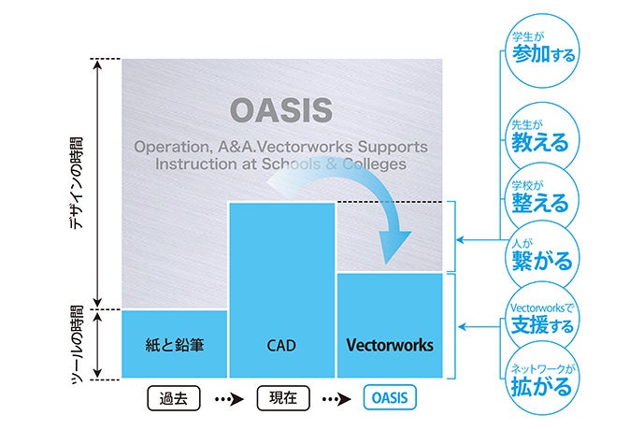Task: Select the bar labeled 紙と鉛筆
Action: click(x=174, y=345)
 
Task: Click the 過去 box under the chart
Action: click(x=174, y=398)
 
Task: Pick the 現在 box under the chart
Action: click(x=281, y=398)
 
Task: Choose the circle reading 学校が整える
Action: click(x=538, y=194)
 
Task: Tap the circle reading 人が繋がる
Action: click(x=538, y=254)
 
